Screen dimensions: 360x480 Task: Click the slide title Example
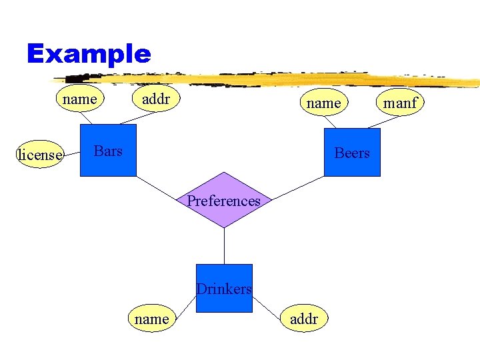(89, 53)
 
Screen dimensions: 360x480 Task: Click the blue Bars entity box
(108, 151)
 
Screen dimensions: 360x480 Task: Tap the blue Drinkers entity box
(224, 288)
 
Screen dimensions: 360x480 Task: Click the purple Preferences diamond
(224, 200)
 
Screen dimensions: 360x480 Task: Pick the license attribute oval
(39, 155)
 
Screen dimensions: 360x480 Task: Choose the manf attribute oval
(401, 103)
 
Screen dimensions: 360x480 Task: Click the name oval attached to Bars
(79, 99)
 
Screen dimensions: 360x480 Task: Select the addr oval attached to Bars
(157, 99)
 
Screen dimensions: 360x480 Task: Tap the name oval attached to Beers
(323, 103)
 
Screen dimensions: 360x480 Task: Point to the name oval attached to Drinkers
(151, 319)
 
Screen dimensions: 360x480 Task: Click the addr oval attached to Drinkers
(304, 319)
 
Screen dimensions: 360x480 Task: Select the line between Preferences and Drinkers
(224, 246)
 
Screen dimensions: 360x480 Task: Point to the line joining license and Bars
(72, 153)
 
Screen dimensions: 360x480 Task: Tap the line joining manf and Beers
(383, 122)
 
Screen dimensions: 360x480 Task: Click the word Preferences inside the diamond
(224, 201)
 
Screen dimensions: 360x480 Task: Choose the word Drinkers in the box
(224, 289)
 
